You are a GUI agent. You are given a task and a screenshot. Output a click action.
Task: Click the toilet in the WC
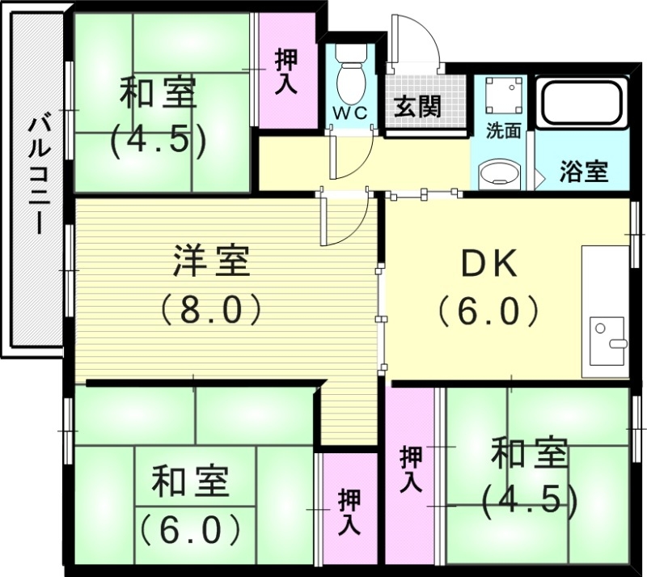point(350,76)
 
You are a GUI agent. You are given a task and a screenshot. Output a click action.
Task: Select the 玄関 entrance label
point(417,106)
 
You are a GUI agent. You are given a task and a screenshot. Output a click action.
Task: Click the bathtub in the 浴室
point(584,103)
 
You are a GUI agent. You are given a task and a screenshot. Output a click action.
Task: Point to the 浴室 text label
point(583,171)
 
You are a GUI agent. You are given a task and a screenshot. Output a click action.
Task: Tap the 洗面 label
point(502,131)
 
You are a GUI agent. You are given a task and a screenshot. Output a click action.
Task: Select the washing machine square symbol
point(501,96)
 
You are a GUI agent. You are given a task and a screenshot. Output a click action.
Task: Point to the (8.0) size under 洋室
point(212,308)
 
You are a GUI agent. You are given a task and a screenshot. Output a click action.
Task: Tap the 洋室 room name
point(212,262)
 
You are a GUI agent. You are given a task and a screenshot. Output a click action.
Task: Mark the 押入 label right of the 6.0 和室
point(349,511)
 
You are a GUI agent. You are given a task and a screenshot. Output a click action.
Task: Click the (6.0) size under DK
point(488,310)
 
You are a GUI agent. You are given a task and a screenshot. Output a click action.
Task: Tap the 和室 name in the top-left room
point(159,93)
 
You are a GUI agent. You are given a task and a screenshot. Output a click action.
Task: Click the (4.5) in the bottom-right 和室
point(529,500)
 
